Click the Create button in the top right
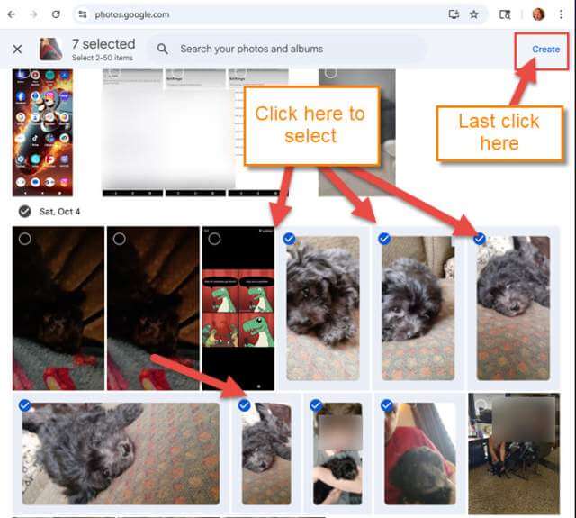[x=545, y=50]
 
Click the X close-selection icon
[x=17, y=50]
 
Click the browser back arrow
[x=12, y=14]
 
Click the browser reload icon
[x=56, y=14]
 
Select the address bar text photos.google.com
[x=131, y=14]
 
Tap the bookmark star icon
[x=473, y=14]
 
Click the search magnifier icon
[x=163, y=50]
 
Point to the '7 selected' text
[x=103, y=44]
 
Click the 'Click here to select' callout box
[x=310, y=125]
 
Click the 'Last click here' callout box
[x=499, y=132]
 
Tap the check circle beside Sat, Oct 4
[x=24, y=212]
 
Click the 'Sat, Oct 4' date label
[x=60, y=212]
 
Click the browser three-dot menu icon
[x=561, y=14]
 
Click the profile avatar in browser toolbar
[x=538, y=14]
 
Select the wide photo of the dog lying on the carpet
[x=121, y=453]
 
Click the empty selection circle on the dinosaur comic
[x=214, y=239]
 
